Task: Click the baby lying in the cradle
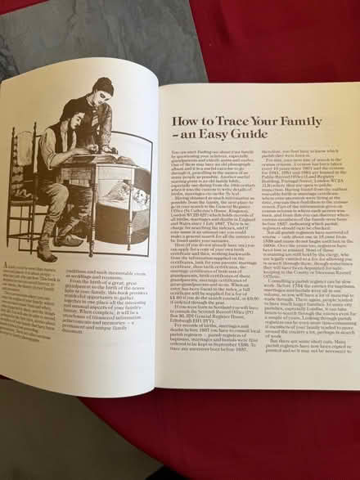pos(131,195)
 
